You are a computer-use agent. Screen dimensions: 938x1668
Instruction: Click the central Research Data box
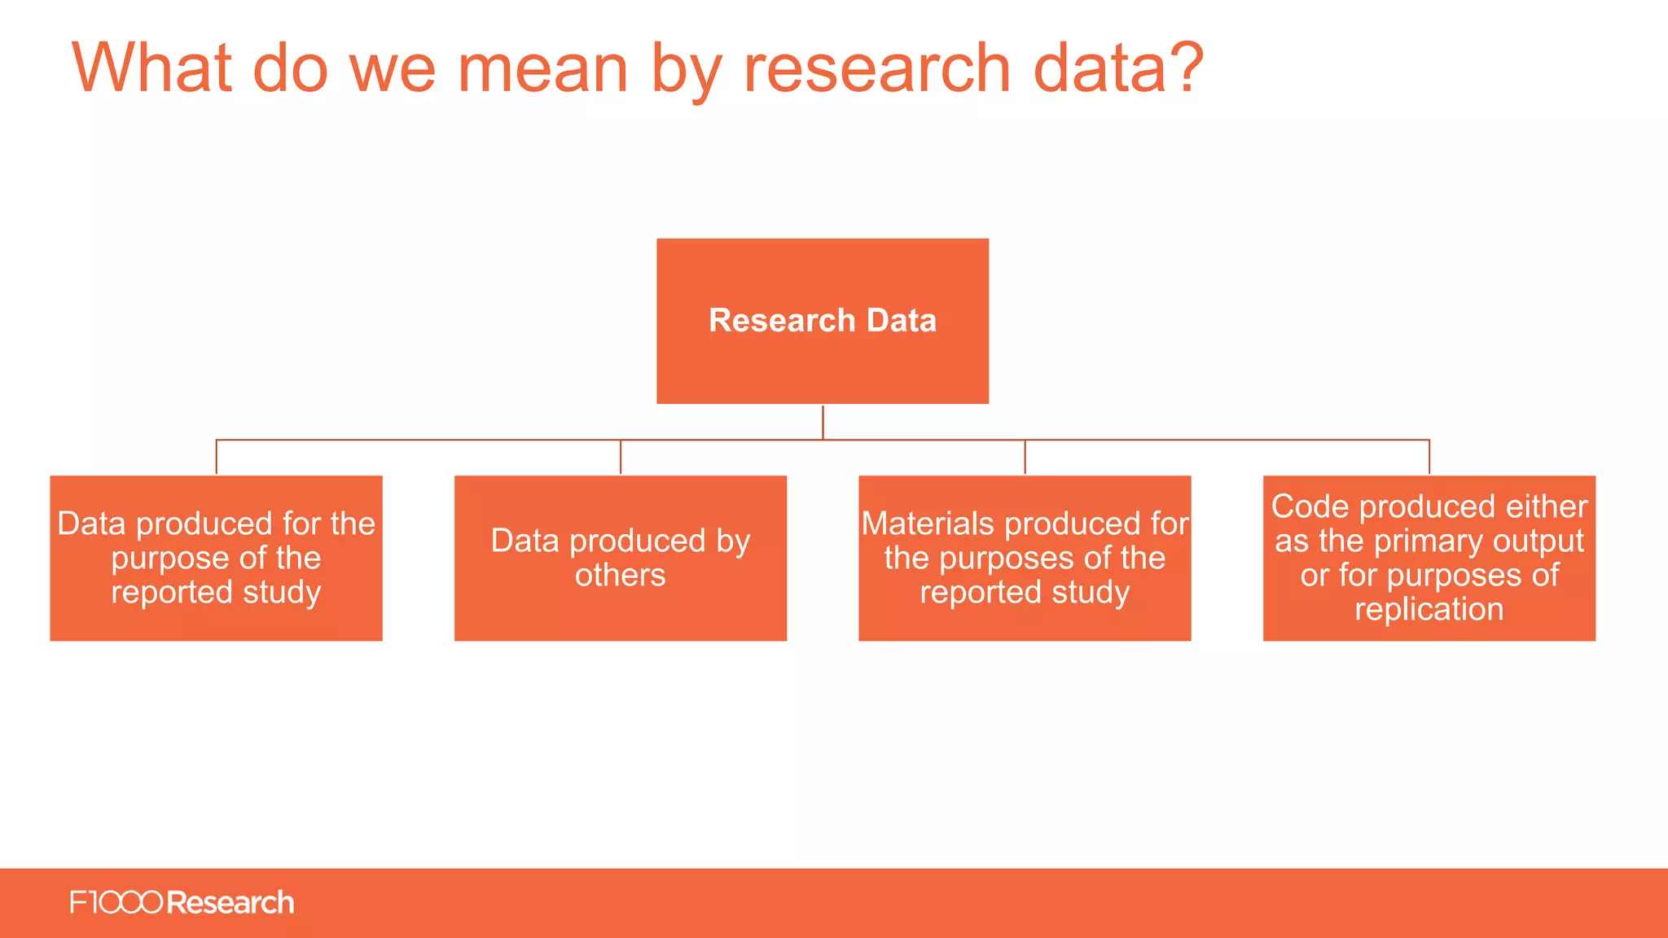click(823, 321)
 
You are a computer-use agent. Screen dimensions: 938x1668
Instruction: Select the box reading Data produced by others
click(621, 558)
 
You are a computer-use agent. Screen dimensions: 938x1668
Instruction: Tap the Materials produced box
click(1025, 558)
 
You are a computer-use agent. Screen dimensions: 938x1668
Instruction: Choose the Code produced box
click(1429, 558)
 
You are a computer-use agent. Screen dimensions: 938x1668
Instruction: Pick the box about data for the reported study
click(216, 558)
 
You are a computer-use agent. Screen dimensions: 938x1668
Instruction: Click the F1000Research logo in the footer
click(182, 903)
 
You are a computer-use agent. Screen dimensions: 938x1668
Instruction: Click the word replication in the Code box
click(1429, 609)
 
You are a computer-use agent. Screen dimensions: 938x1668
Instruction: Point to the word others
click(621, 575)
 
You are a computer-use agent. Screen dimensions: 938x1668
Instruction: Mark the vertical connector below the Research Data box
click(823, 422)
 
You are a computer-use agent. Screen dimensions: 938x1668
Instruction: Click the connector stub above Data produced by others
click(621, 457)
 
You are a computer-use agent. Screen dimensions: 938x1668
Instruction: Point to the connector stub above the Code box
click(1429, 457)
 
